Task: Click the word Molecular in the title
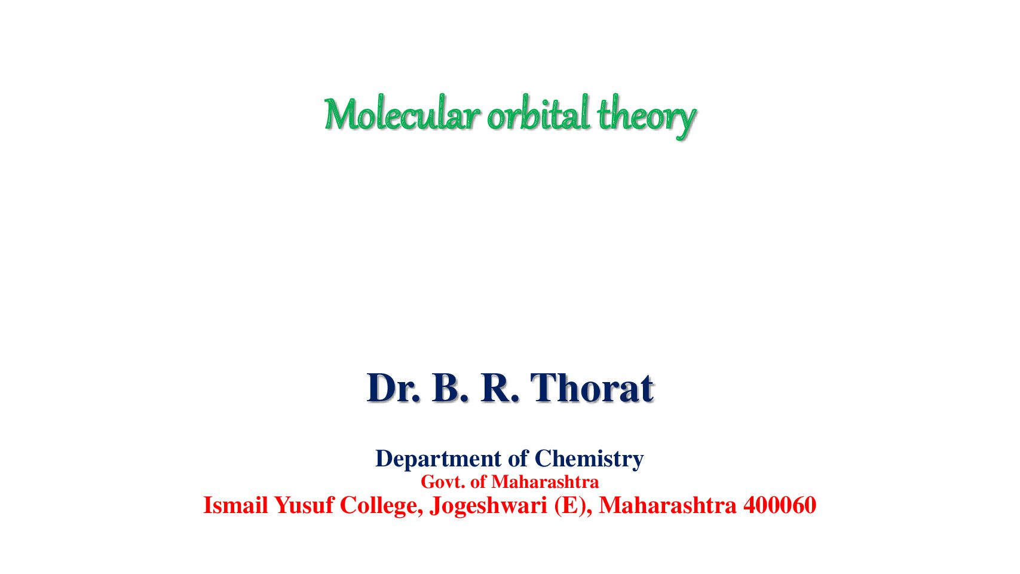coord(402,113)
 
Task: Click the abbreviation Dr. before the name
coord(393,388)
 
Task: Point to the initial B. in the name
coord(450,388)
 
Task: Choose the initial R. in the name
coord(500,388)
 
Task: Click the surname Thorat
coord(592,388)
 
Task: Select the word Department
coord(438,459)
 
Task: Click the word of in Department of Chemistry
coord(518,458)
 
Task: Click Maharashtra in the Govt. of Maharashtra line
coord(544,482)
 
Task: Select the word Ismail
coord(235,505)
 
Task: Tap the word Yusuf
coord(304,506)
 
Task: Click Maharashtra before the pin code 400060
coord(667,505)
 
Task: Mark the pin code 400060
coord(780,505)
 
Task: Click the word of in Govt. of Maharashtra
coord(477,482)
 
